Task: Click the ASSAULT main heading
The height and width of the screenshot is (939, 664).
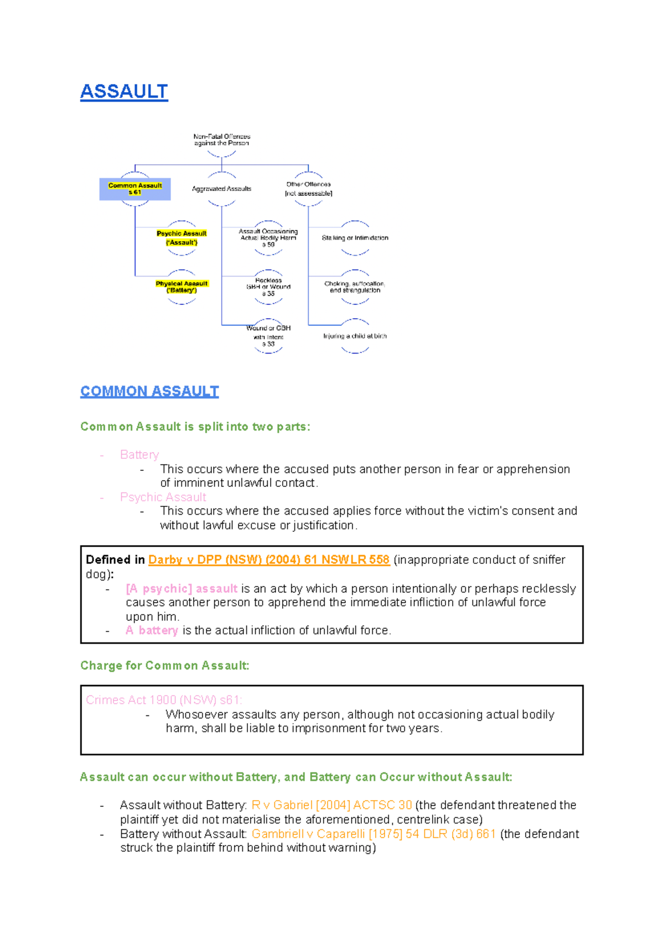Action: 124,91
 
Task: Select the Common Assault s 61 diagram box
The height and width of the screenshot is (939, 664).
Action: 135,189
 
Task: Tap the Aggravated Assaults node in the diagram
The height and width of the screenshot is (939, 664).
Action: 221,189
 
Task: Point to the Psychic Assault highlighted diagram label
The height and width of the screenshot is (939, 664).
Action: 181,238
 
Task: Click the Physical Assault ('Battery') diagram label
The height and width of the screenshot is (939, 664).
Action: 181,287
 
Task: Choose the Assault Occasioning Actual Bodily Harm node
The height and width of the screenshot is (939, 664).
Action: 268,238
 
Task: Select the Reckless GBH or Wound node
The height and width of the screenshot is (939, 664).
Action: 268,287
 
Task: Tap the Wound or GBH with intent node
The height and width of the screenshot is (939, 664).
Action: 268,336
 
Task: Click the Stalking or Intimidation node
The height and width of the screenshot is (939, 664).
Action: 355,238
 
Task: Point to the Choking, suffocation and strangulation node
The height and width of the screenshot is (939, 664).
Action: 355,287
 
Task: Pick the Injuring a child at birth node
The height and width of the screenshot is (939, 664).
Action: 355,336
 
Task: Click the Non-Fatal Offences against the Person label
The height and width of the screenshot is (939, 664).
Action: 221,139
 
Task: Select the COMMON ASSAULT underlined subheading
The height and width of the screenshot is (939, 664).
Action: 149,391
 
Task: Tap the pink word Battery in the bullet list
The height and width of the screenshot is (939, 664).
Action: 139,455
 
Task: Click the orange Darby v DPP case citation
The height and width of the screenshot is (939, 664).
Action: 269,560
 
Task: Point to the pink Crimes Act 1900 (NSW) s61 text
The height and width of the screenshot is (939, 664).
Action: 164,700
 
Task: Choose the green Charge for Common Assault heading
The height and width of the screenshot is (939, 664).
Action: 165,666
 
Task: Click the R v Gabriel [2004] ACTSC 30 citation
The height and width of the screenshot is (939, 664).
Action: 331,805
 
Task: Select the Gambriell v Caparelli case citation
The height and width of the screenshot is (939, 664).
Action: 373,834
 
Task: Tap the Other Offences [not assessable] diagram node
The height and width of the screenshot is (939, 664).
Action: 308,189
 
